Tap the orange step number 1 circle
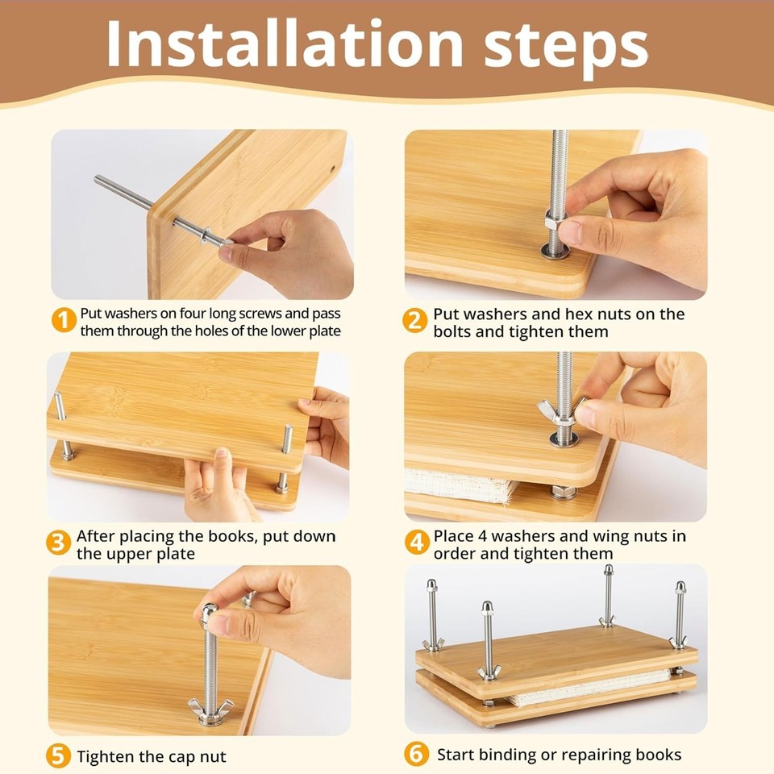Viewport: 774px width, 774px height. (x=64, y=321)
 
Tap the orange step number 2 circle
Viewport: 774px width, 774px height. (x=415, y=321)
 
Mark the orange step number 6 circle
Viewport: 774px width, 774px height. (x=416, y=755)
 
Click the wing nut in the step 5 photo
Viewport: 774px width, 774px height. (x=210, y=709)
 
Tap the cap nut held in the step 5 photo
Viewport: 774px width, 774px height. (x=209, y=614)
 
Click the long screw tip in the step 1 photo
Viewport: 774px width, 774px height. (x=98, y=180)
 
